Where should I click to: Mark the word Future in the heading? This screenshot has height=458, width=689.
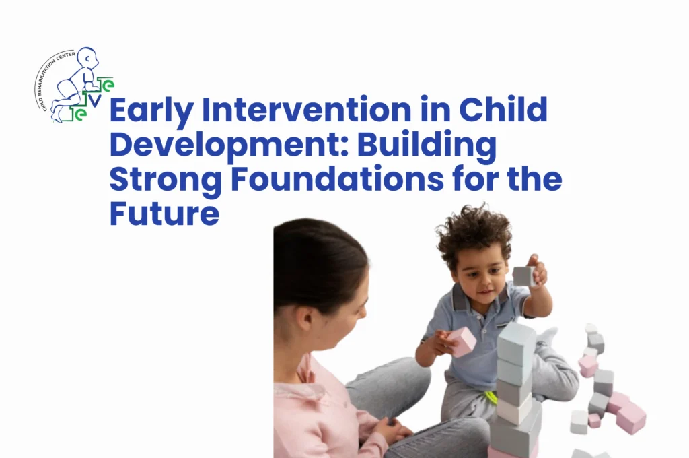[x=164, y=215]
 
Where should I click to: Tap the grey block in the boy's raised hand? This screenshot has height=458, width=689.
[x=523, y=275]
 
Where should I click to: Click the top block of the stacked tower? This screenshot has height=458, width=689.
[x=516, y=335]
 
